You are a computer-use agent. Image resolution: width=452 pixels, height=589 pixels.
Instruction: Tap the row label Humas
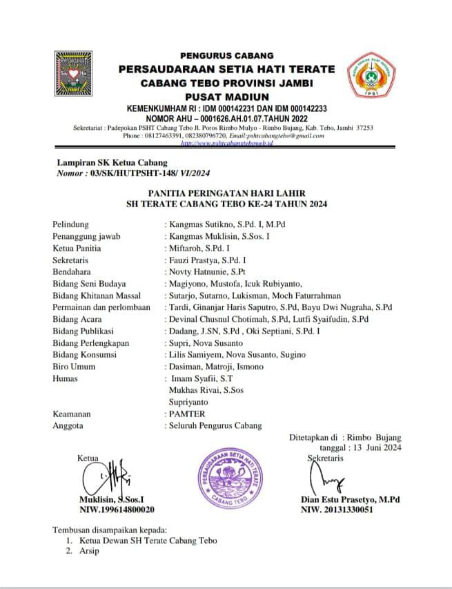pos(65,378)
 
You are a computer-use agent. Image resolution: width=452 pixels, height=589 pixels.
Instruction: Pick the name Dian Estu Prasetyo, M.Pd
pos(351,499)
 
